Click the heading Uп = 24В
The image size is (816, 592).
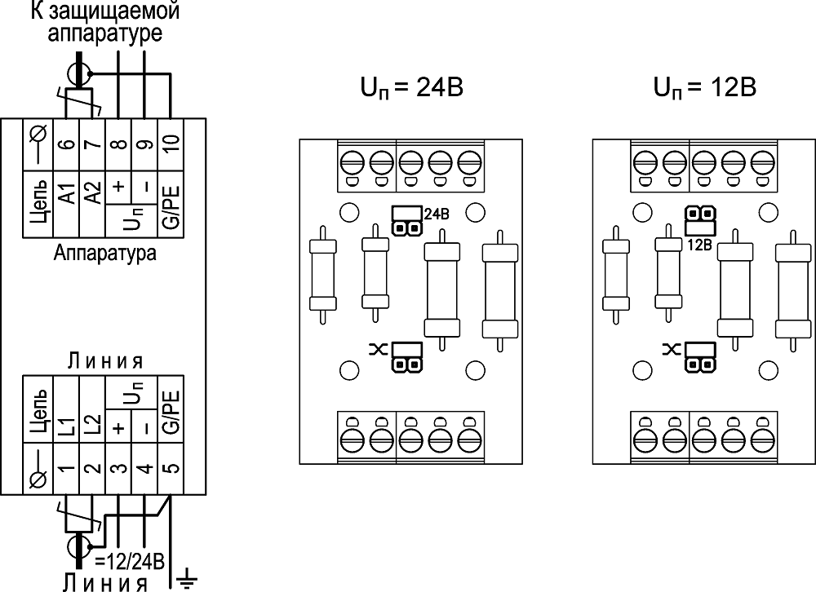[x=412, y=87]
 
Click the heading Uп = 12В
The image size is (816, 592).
[x=706, y=87]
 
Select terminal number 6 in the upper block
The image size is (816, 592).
[x=66, y=146]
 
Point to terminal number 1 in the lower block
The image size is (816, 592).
[x=67, y=471]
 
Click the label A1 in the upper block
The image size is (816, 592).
[x=67, y=196]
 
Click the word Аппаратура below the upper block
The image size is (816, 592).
[x=105, y=253]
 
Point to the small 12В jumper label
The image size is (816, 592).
[x=700, y=243]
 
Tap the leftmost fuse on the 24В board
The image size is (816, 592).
[x=322, y=275]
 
